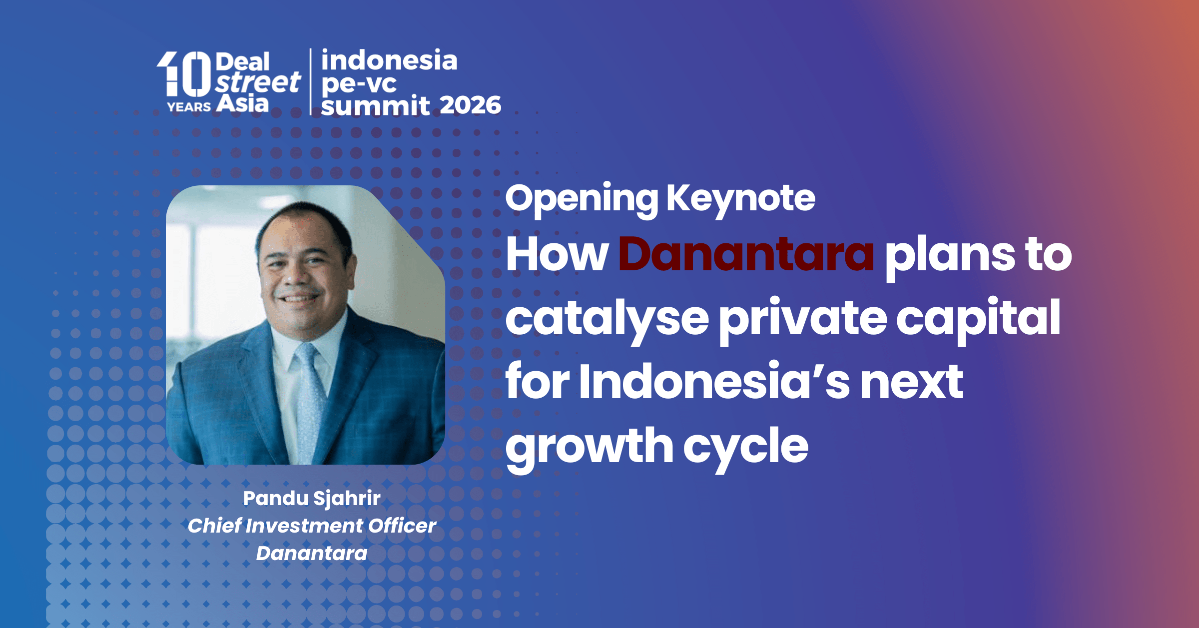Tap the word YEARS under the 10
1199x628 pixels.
click(x=189, y=107)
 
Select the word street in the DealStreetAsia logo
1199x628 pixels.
click(x=258, y=82)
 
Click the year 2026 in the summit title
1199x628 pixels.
click(x=470, y=105)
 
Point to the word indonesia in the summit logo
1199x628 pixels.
click(x=389, y=60)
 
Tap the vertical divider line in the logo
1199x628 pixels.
click(x=311, y=82)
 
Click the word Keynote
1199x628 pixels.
click(x=741, y=199)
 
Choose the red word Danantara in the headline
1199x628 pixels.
click(x=746, y=254)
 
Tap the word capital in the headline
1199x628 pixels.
click(x=978, y=318)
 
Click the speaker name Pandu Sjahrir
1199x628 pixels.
click(x=312, y=499)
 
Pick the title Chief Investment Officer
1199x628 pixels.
click(x=312, y=526)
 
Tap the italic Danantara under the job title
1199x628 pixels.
click(x=312, y=554)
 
